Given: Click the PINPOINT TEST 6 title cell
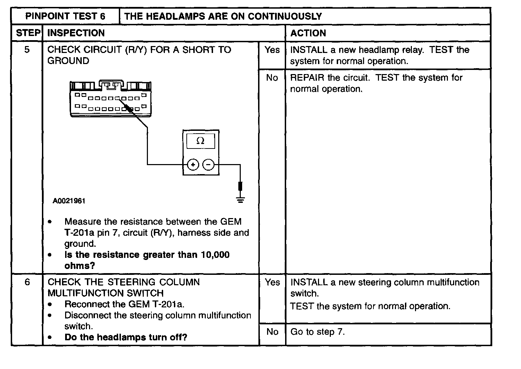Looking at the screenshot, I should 65,16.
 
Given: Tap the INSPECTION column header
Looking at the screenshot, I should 76,33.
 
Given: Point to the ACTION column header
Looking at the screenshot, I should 308,33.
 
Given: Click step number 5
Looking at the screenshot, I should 27,50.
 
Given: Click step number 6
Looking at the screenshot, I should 27,282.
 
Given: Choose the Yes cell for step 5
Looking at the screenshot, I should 272,50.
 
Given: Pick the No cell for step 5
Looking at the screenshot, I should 272,78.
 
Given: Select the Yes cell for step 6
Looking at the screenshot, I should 272,282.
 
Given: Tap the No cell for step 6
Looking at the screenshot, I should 272,332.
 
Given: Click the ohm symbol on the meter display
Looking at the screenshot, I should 200,141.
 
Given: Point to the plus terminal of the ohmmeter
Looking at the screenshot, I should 193,165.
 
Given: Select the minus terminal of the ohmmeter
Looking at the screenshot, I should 208,165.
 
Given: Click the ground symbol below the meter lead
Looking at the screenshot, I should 240,199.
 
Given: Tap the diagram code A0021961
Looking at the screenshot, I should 69,201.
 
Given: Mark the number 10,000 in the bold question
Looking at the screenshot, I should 215,255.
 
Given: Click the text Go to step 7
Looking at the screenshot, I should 317,332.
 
